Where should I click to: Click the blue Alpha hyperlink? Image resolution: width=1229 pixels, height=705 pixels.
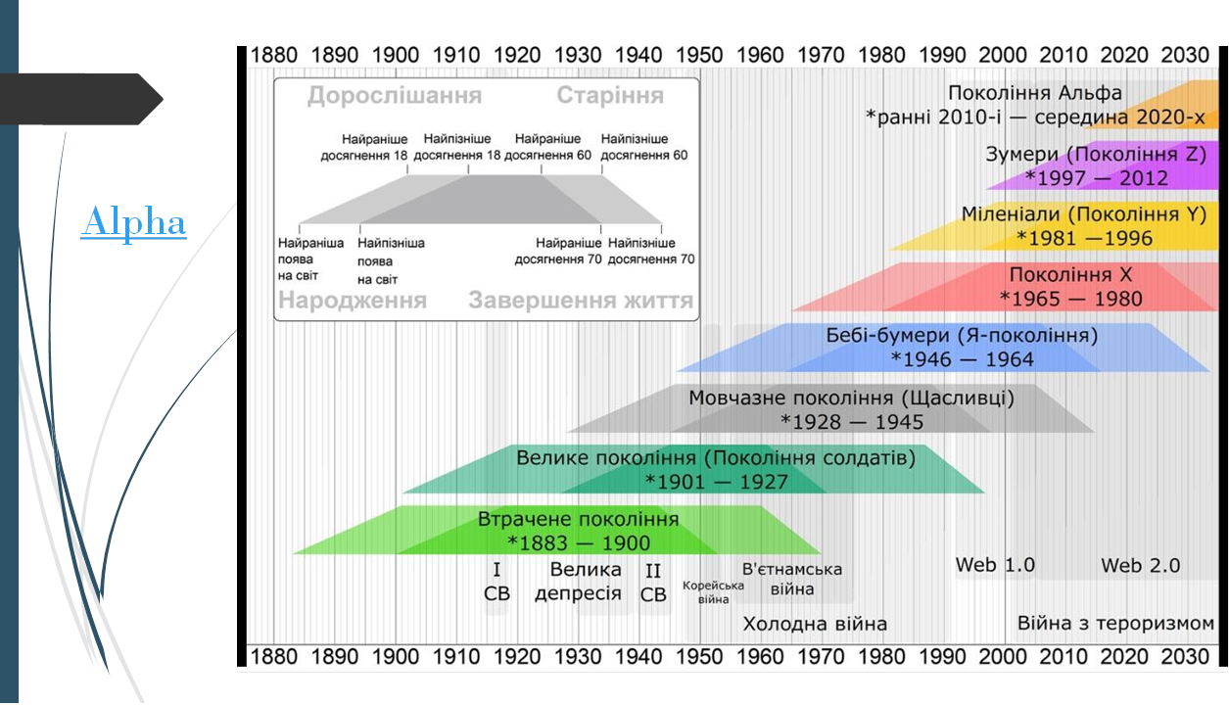pos(134,222)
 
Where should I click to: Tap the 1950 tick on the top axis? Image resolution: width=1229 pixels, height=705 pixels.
pos(700,56)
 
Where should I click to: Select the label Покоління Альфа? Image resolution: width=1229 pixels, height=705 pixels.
pos(1034,94)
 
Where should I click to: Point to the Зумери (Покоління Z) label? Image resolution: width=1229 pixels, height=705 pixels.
pos(1095,155)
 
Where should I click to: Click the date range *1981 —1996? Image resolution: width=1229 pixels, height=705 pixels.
pos(1084,238)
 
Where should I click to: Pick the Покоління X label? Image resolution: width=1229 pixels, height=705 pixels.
pos(1070,275)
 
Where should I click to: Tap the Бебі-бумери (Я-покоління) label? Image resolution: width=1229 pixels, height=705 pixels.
pos(962,336)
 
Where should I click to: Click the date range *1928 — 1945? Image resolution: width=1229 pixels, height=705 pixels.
pos(852,422)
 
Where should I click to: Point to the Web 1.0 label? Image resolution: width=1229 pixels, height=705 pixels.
pos(995,565)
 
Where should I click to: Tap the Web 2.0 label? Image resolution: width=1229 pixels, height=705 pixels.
pos(1140,566)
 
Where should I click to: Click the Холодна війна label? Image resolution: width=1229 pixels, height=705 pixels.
pos(815,624)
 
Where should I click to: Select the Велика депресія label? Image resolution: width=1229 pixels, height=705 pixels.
pos(578,582)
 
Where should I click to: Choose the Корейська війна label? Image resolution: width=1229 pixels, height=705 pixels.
pos(713,592)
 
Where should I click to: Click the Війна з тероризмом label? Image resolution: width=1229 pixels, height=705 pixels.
pos(1115,624)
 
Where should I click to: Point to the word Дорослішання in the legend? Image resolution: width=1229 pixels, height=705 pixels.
pos(394,96)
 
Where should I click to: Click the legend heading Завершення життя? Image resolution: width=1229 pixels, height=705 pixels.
pos(580,301)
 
